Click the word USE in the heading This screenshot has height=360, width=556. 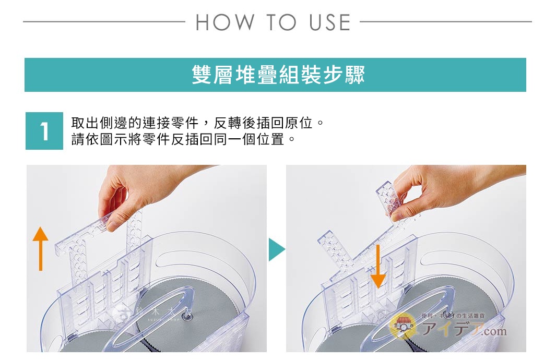point(330,22)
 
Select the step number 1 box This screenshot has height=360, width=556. point(44,131)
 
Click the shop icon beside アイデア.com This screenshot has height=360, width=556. point(403,327)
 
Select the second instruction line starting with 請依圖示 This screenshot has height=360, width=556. point(183,140)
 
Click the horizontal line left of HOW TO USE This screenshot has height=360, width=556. point(104,22)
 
